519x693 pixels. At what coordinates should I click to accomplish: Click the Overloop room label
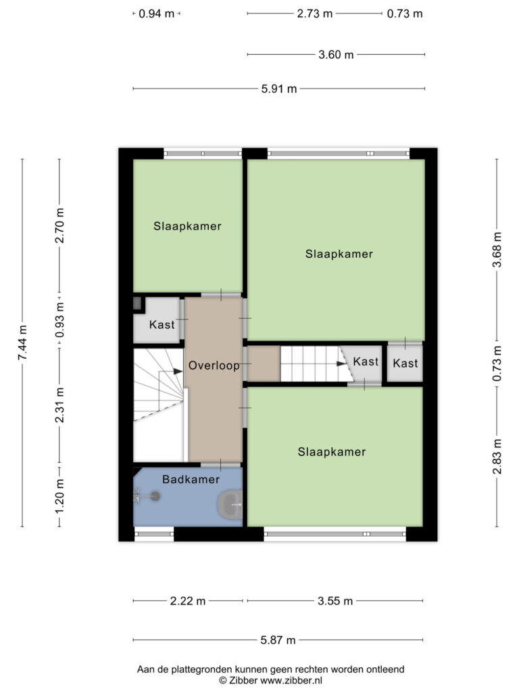pos(214,365)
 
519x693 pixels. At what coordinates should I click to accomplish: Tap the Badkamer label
pos(191,479)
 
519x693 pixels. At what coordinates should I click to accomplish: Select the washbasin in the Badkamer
pos(230,505)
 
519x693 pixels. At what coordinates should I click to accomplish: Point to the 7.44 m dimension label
pos(22,342)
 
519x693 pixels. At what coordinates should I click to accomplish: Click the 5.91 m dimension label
pos(279,89)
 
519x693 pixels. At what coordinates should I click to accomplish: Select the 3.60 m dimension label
pos(336,55)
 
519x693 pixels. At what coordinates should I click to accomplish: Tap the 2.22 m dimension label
pos(188,601)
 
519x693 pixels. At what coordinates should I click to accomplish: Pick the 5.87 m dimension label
pos(278,640)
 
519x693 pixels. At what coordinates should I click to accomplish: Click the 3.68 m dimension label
pos(497,250)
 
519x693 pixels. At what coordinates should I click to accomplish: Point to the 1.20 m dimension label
pos(59,496)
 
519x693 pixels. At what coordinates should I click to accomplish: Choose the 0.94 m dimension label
pos(156,14)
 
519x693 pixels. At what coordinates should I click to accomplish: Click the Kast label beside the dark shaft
pos(162,325)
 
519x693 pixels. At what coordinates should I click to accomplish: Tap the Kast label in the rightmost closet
pos(405,363)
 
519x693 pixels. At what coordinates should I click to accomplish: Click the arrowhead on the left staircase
pos(178,372)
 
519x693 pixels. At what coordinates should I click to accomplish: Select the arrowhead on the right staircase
pos(341,363)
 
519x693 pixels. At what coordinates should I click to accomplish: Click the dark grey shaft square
pos(137,304)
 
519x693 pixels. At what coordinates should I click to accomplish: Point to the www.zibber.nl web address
pos(291,681)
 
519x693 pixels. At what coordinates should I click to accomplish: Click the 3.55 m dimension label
pos(335,601)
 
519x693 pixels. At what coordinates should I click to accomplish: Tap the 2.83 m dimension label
pos(497,457)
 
